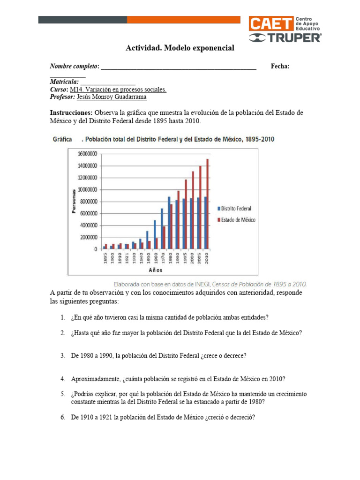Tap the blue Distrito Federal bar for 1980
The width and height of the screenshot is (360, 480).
pos(169,223)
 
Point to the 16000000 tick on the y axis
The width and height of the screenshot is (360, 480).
pos(87,154)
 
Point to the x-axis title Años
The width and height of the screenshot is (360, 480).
pos(157,270)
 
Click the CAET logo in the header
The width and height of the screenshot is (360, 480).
pos(270,24)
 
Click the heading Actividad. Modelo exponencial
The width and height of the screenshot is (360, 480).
pos(180,48)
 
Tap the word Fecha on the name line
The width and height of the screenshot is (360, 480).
pos(280,67)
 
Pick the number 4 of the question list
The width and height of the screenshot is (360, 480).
pos(62,379)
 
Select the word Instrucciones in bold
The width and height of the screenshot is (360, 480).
pos(71,113)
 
